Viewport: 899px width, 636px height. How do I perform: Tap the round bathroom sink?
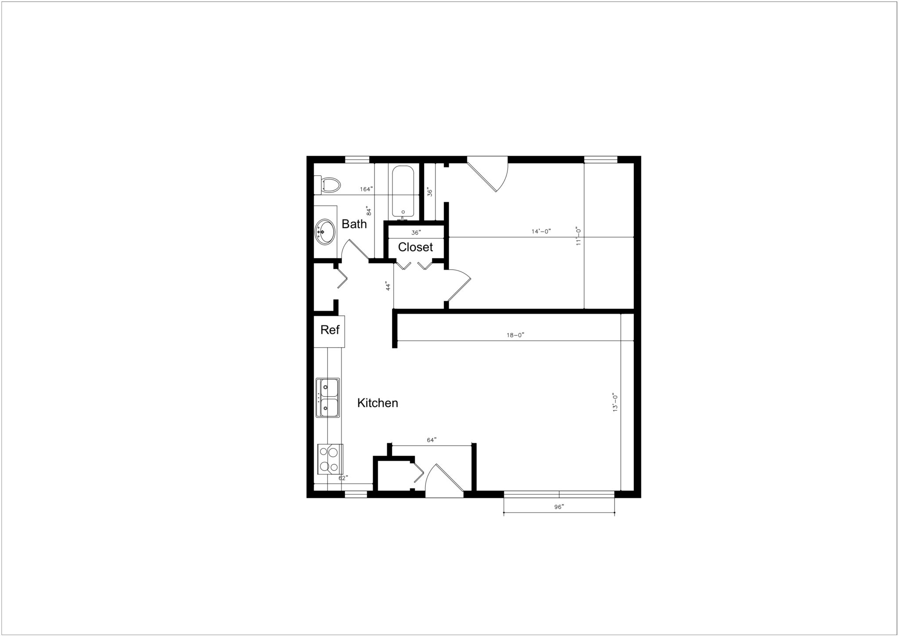(324, 231)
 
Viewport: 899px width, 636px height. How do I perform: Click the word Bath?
(354, 224)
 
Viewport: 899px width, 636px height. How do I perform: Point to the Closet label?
(415, 247)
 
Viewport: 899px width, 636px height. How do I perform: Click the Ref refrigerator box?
(330, 330)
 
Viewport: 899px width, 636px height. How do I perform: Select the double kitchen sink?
(327, 397)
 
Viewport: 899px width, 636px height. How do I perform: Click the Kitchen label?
(378, 403)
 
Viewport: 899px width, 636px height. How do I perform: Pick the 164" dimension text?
(367, 189)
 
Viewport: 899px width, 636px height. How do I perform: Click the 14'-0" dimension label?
(541, 231)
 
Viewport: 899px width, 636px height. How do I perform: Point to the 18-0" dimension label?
(515, 335)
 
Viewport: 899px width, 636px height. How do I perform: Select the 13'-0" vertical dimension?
(615, 402)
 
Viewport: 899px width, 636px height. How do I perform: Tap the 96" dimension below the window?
(559, 507)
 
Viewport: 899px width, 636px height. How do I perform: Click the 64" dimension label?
(432, 440)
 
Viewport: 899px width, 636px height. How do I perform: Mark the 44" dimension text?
(388, 286)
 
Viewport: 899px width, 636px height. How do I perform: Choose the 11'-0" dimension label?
(579, 236)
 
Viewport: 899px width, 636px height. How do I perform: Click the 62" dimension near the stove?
(343, 478)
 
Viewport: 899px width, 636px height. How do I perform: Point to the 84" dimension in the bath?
(369, 211)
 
